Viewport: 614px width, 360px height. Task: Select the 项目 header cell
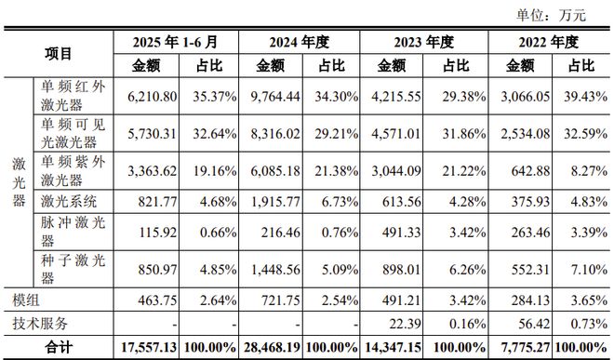coord(58,54)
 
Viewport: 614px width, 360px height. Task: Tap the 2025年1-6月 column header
coord(175,43)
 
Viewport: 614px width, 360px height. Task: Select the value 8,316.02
coord(269,133)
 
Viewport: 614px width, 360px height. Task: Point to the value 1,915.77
coord(269,202)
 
